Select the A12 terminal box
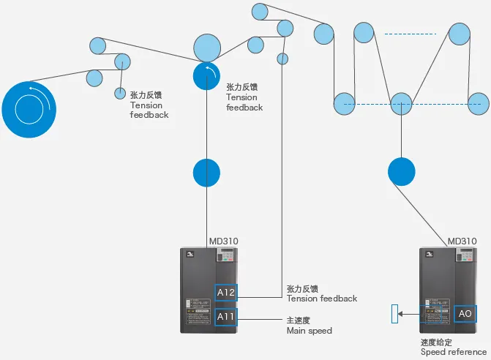[x=225, y=293]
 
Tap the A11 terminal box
[x=225, y=318]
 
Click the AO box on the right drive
[x=465, y=314]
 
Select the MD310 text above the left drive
[x=223, y=241]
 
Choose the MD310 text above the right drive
[x=462, y=241]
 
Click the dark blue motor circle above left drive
[x=206, y=173]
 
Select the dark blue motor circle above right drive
[x=401, y=170]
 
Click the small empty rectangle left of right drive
[x=395, y=315]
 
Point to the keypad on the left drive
[x=226, y=258]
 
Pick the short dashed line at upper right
[x=410, y=34]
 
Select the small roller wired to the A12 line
[x=282, y=59]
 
